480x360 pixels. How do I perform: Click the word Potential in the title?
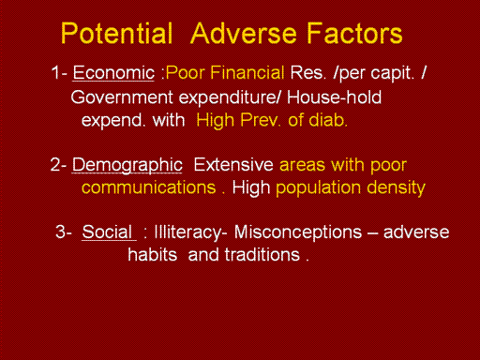116,33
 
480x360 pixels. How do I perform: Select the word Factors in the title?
354,33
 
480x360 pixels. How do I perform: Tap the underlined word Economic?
113,73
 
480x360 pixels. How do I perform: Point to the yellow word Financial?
247,72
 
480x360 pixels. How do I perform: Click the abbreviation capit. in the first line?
393,74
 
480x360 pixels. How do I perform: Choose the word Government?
122,97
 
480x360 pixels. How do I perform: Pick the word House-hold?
334,97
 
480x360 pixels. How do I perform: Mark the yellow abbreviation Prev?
261,120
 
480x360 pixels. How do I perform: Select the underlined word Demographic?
127,166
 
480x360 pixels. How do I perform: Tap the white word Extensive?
233,165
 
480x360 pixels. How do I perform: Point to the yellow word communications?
149,187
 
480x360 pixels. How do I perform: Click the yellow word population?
319,188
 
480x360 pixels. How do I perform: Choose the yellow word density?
396,188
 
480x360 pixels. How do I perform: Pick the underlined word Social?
107,232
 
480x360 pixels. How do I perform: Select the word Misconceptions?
298,233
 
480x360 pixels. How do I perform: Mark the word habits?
153,255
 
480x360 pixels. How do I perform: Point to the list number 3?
60,232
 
